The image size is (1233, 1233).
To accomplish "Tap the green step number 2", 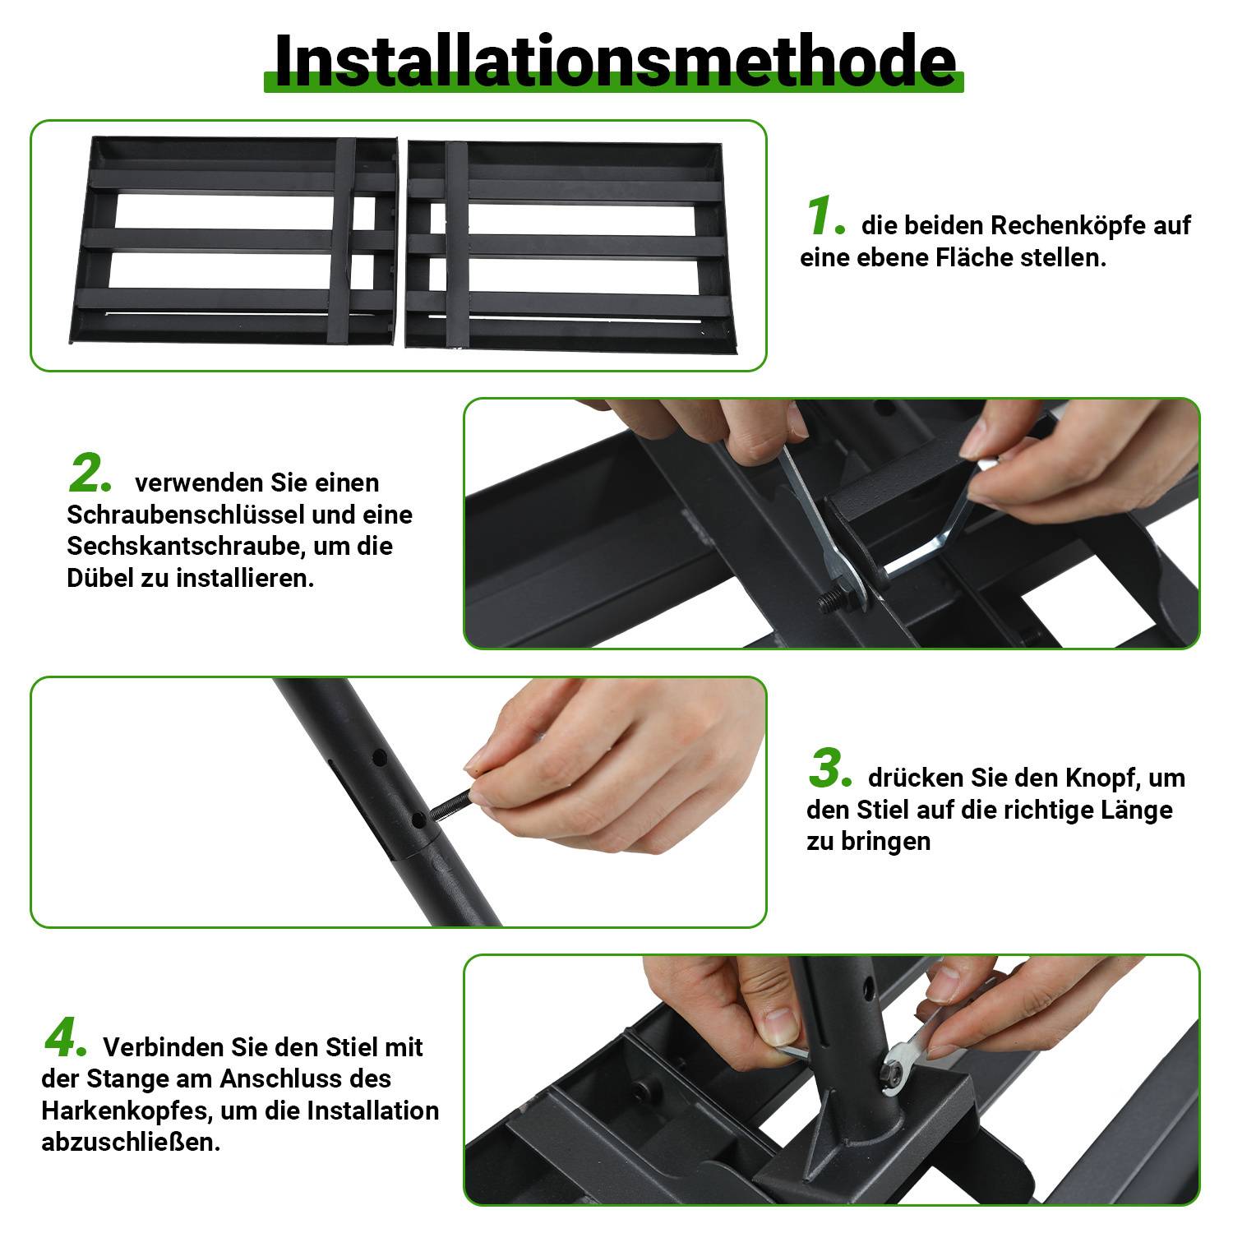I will pyautogui.click(x=89, y=475).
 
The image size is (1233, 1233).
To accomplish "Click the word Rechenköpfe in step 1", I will pyautogui.click(x=1067, y=225).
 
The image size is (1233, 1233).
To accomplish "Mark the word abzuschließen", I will pyautogui.click(x=131, y=1142).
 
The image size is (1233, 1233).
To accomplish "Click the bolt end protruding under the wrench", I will pyautogui.click(x=829, y=602).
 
